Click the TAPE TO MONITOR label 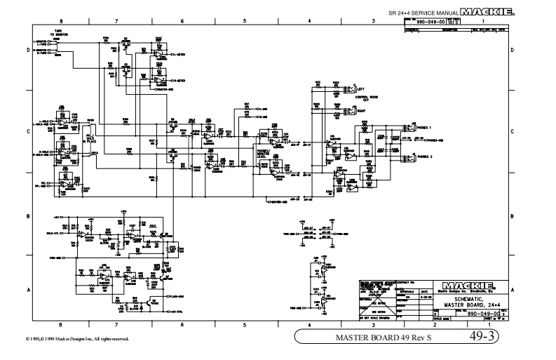point(58,33)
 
